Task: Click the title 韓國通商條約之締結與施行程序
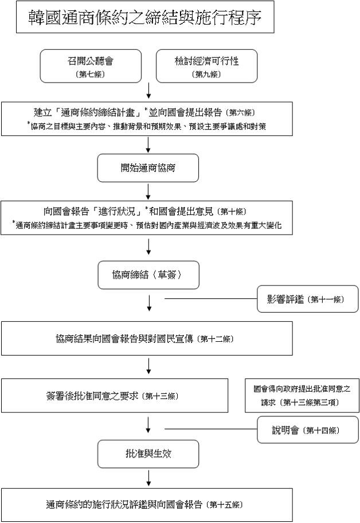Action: tap(146, 18)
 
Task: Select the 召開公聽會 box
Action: tap(91, 65)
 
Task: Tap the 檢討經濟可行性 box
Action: tap(207, 65)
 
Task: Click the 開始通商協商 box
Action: tap(148, 168)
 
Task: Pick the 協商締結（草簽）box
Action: tap(148, 275)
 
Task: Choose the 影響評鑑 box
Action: tap(308, 299)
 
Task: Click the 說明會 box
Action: tap(308, 430)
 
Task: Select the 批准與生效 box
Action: tap(148, 454)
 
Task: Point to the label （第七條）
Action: tap(91, 75)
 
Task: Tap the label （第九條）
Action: tap(207, 75)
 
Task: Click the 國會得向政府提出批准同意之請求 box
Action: tap(302, 395)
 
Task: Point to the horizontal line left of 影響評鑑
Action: tap(210, 298)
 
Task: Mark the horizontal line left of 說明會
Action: tap(210, 429)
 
